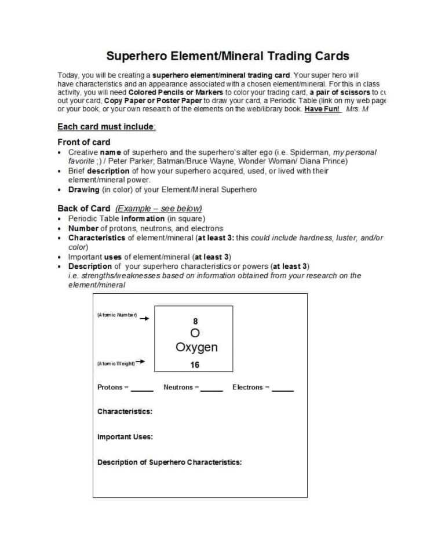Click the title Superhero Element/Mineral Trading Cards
(228, 56)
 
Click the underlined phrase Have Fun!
(322, 109)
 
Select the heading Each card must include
(106, 127)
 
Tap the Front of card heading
(83, 142)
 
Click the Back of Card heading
(83, 209)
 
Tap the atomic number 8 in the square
(195, 321)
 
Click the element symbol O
(195, 333)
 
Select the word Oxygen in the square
(196, 348)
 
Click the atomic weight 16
(195, 365)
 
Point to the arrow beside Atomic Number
(144, 318)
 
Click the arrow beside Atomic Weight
(140, 363)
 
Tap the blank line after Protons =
(142, 389)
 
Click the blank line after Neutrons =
(211, 389)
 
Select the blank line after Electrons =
(283, 389)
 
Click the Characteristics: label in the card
(125, 411)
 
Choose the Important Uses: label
(125, 437)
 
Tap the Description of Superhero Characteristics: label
(169, 462)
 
